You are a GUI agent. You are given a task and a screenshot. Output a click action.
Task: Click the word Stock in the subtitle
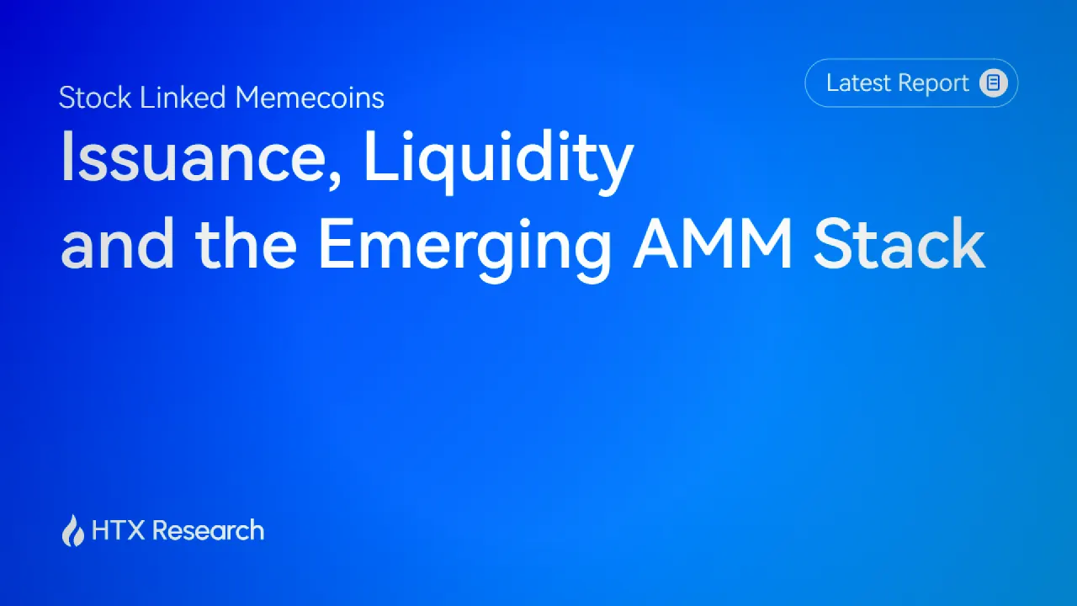[95, 98]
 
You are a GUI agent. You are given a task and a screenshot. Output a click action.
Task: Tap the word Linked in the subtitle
[183, 98]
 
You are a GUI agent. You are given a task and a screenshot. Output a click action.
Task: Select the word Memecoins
[310, 98]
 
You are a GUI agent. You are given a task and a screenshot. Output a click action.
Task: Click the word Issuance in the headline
[194, 157]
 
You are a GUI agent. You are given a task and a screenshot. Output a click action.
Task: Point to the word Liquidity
[499, 161]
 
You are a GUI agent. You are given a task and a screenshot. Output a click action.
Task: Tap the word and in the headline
[117, 243]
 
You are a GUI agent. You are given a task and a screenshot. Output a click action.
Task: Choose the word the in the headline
[246, 243]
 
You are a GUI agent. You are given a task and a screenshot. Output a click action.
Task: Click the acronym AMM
[713, 244]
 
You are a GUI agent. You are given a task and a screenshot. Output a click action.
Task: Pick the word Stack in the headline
[899, 243]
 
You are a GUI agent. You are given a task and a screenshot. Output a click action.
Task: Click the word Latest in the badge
[858, 82]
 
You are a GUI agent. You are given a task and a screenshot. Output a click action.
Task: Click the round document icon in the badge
[994, 82]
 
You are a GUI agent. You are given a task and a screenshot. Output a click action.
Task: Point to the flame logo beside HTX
[73, 530]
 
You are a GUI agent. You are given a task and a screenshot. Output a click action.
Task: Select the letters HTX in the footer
[119, 530]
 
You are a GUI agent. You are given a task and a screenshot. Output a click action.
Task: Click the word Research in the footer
[208, 530]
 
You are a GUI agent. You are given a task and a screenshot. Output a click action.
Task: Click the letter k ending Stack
[968, 243]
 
